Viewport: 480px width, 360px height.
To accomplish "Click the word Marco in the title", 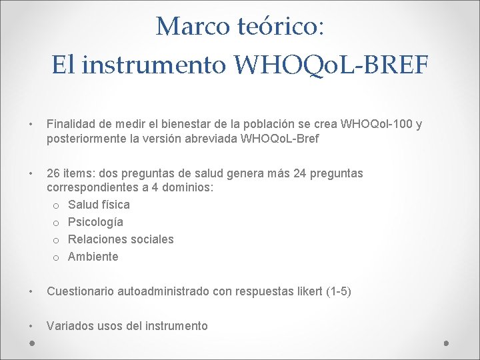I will (193, 27).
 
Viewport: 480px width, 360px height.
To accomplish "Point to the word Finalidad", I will (71, 124).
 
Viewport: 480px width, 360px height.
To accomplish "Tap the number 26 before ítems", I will (53, 173).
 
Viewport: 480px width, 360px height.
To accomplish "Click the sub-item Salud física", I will (99, 205).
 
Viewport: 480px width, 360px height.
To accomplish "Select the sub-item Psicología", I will (95, 222).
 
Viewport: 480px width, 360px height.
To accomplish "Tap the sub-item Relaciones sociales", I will (121, 239).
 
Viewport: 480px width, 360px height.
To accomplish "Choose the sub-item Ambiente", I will (93, 257).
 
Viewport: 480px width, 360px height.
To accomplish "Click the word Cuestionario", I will (81, 291).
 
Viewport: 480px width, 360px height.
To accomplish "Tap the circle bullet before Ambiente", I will (57, 257).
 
